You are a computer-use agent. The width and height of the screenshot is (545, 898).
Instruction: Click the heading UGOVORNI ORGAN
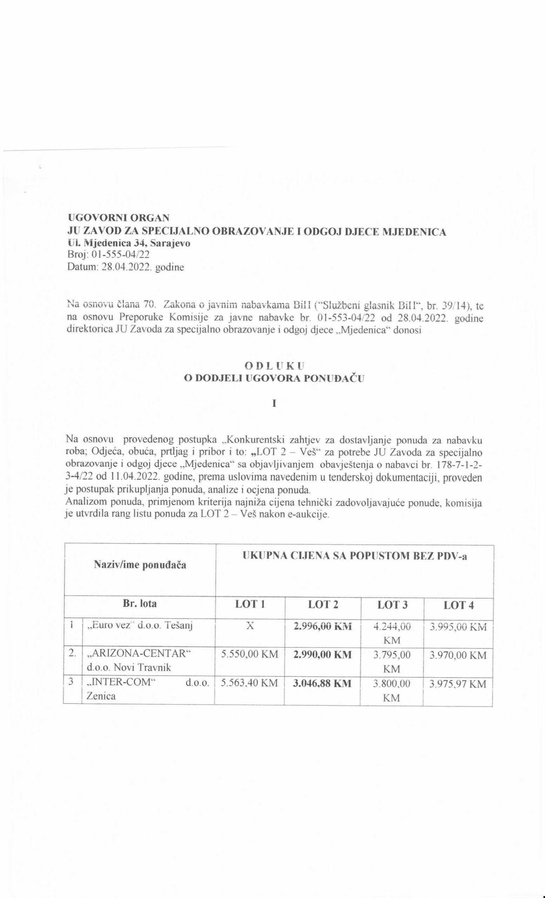tap(119, 217)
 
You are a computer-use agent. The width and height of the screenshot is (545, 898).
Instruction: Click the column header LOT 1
tap(250, 605)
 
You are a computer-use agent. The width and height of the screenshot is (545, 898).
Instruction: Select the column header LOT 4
tap(459, 605)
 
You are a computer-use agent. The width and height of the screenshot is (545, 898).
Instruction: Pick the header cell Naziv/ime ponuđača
tap(140, 565)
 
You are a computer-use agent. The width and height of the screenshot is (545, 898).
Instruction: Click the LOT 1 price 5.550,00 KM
tap(250, 655)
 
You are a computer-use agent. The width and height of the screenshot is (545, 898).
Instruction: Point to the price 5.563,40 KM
tap(250, 683)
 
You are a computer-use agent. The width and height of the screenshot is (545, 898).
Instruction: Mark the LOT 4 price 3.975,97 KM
tap(458, 684)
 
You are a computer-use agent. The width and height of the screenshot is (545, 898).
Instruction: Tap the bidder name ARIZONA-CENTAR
tap(140, 655)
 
